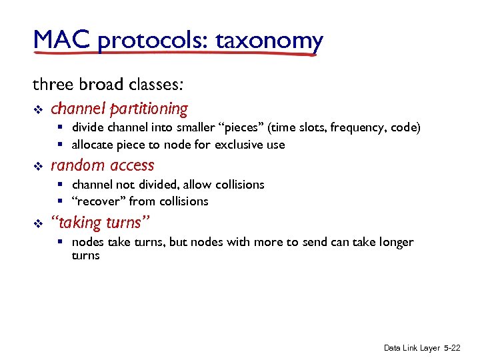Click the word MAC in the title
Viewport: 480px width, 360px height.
click(x=61, y=41)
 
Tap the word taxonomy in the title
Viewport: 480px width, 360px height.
click(x=269, y=41)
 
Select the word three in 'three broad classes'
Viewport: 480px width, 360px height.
click(x=51, y=85)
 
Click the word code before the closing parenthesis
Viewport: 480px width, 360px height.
click(x=405, y=127)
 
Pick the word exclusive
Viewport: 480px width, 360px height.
click(x=239, y=145)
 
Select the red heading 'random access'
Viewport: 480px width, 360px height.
click(x=102, y=165)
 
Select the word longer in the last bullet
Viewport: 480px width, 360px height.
click(x=395, y=242)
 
